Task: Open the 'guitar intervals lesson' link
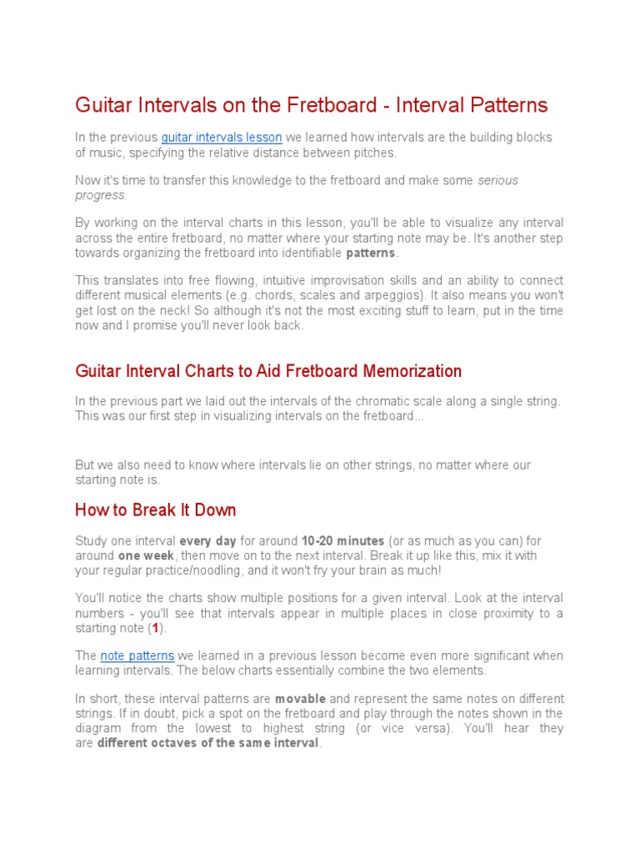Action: pos(222,138)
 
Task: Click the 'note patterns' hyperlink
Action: pos(137,656)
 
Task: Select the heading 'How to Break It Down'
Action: pos(156,510)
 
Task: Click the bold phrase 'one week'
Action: pos(146,555)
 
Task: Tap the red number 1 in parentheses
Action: pos(155,628)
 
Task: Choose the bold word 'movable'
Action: pos(300,698)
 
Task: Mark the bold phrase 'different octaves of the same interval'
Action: pos(208,743)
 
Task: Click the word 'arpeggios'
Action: pos(455,295)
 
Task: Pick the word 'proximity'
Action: pos(497,613)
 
